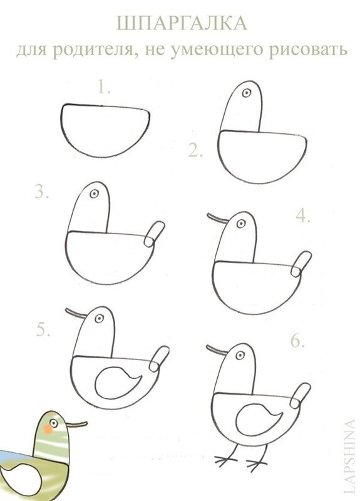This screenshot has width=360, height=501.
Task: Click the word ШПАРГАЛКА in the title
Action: [x=182, y=24]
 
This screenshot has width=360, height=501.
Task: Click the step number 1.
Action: [x=104, y=87]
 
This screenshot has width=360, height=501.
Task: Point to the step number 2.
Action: [x=195, y=150]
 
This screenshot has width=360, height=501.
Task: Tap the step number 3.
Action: [x=42, y=191]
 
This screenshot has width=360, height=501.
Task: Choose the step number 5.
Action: [x=43, y=329]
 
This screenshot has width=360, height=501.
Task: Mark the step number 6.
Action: [x=297, y=341]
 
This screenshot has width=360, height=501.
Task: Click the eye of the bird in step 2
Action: [x=246, y=93]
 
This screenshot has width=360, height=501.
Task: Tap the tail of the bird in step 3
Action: [x=154, y=234]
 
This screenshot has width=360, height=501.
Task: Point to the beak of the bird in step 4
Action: [x=218, y=218]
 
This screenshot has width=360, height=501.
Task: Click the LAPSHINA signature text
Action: [x=350, y=460]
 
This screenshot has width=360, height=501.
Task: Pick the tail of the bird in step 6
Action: [x=301, y=395]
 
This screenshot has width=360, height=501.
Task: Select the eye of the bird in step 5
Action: [x=100, y=318]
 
